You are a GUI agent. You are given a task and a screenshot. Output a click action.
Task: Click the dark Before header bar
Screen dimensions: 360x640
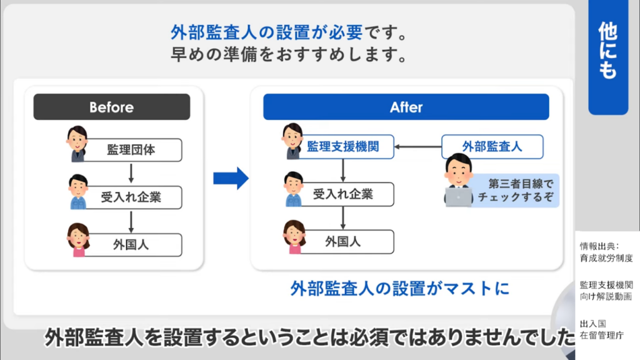111,107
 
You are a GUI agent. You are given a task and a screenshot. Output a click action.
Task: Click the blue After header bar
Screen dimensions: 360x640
406,107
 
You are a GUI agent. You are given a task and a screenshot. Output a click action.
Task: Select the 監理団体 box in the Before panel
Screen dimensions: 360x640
131,151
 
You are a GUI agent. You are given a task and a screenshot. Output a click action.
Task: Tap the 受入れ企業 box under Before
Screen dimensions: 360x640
131,197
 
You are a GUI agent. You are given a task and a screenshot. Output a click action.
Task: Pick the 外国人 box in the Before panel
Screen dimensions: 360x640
131,244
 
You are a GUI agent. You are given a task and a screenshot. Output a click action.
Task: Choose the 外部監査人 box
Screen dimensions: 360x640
492,147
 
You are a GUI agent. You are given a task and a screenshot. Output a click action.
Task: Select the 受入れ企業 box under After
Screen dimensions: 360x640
342,194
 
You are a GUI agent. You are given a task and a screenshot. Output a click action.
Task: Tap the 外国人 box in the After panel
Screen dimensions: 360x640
342,241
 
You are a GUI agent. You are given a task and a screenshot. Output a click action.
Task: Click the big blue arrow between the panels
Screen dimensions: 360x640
230,178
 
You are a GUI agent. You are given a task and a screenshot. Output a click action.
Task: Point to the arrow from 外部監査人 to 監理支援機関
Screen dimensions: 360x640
419,147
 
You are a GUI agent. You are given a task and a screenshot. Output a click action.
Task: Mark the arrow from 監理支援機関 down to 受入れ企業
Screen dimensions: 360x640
342,170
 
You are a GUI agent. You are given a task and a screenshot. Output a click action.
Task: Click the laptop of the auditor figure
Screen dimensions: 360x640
458,197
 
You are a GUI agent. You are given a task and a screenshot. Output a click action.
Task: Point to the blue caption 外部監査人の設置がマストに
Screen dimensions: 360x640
400,288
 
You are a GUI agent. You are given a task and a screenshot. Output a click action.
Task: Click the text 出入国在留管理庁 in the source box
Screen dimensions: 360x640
602,329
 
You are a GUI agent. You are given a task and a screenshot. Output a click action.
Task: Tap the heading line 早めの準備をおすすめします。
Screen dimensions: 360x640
289,54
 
